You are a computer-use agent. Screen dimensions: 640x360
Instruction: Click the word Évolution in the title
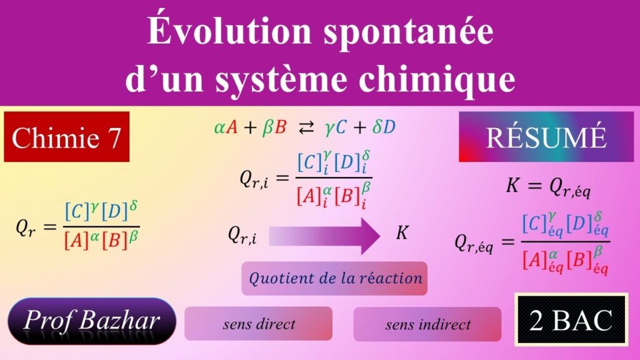click(x=229, y=30)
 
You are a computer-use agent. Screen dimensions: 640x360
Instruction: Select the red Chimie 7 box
click(x=66, y=137)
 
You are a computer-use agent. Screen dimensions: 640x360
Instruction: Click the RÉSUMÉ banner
click(x=546, y=137)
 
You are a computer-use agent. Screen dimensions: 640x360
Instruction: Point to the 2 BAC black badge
click(x=571, y=319)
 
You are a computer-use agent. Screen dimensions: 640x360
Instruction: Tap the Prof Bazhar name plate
click(x=92, y=321)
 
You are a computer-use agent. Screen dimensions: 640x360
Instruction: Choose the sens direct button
click(x=258, y=324)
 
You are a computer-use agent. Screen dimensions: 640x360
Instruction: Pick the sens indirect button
click(x=427, y=324)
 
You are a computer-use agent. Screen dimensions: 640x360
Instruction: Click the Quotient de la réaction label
click(x=335, y=278)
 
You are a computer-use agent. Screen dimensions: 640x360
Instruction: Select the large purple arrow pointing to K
click(x=324, y=236)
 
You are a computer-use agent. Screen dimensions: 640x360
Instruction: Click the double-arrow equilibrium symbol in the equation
click(x=306, y=128)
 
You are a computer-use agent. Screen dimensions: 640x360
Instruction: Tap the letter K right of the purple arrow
click(x=402, y=232)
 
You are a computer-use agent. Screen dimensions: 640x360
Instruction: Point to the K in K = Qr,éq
click(x=512, y=185)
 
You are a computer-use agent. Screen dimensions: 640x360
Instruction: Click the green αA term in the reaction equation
click(x=226, y=127)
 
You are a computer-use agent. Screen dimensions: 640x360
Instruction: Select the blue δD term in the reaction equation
click(x=384, y=127)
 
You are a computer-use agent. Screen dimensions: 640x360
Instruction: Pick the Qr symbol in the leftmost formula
click(x=26, y=227)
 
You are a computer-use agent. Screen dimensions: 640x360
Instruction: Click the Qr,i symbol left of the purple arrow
click(x=242, y=235)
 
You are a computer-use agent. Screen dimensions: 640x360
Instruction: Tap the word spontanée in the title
click(x=409, y=32)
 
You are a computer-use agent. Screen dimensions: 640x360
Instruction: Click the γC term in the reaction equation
click(x=335, y=127)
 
